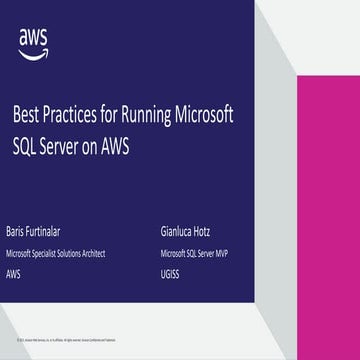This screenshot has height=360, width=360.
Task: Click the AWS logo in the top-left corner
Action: (32, 39)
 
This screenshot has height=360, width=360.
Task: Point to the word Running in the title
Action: (142, 117)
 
